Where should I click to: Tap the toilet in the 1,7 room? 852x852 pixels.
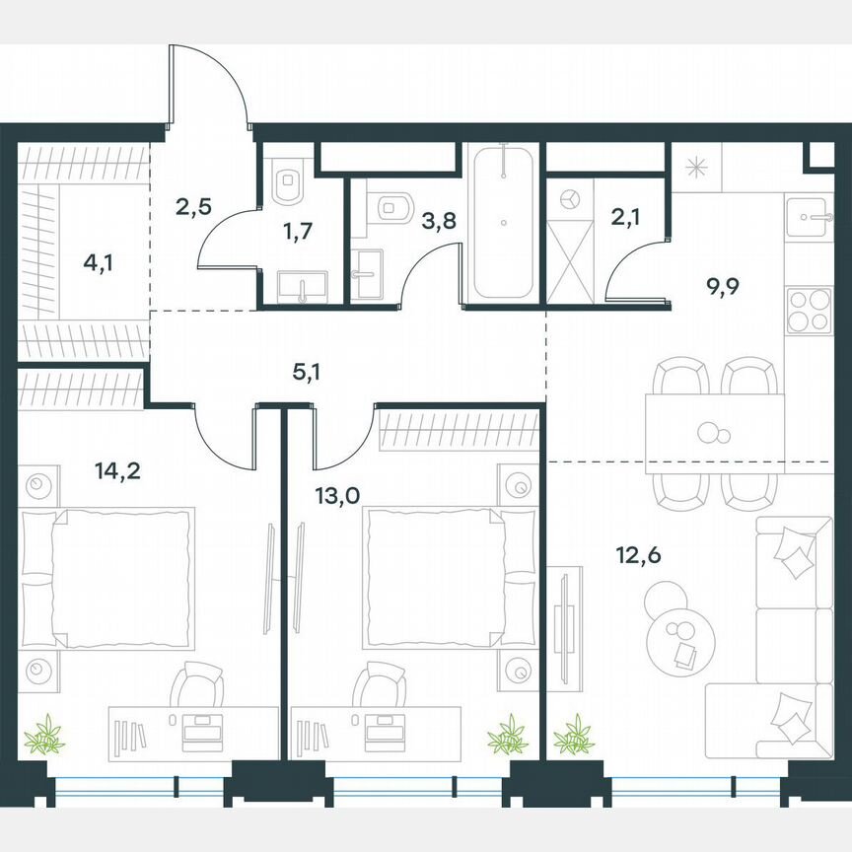pyautogui.click(x=289, y=181)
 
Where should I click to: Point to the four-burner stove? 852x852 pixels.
pyautogui.click(x=810, y=313)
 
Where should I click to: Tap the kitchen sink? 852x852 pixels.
pyautogui.click(x=811, y=215)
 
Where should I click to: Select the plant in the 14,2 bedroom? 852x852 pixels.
pyautogui.click(x=43, y=735)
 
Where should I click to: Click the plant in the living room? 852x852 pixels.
pyautogui.click(x=573, y=735)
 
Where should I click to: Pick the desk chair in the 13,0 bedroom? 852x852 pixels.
pyautogui.click(x=380, y=684)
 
